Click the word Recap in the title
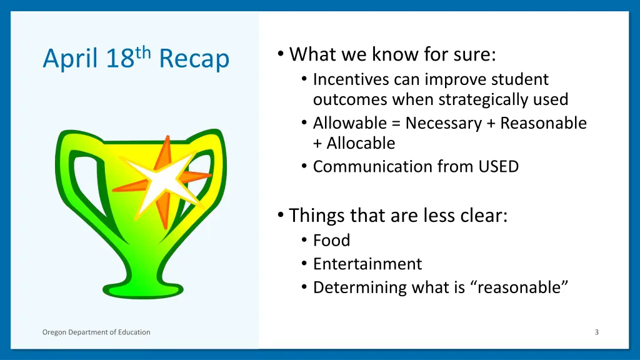(194, 59)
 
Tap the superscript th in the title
(143, 52)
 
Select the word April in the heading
(70, 60)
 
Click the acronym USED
(499, 166)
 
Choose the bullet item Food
(331, 240)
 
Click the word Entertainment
(367, 264)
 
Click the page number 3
(596, 332)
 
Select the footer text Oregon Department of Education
(96, 332)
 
